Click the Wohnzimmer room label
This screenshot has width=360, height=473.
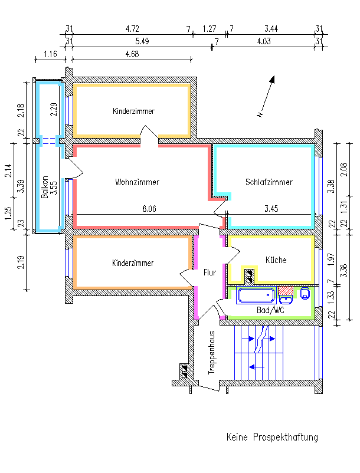coord(137,182)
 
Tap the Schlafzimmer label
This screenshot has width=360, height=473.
coord(269,182)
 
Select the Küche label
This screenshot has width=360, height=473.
coord(276,260)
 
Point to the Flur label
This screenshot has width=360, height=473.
coord(210,272)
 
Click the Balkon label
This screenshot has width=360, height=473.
coord(45,188)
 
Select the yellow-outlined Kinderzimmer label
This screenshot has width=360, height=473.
coord(134,111)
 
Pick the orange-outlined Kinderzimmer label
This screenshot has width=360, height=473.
coord(133,263)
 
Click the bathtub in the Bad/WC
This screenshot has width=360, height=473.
coord(255,294)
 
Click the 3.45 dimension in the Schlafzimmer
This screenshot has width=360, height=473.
coord(271,209)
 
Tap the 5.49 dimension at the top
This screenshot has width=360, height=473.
coord(142,41)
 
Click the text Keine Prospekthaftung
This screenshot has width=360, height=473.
coord(272,438)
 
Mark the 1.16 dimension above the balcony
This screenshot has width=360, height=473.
coord(50,55)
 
